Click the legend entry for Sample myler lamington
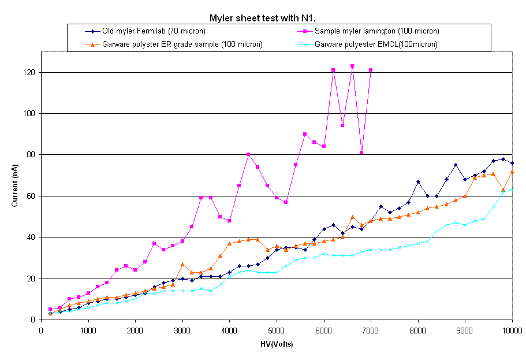376,31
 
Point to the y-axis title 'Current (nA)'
14,185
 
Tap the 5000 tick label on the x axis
277,331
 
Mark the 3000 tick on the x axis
182,331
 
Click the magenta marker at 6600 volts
352,66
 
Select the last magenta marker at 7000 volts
371,70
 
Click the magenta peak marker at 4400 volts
248,155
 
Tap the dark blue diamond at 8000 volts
418,181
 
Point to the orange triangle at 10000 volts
512,172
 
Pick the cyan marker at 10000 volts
512,190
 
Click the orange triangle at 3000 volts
182,264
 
